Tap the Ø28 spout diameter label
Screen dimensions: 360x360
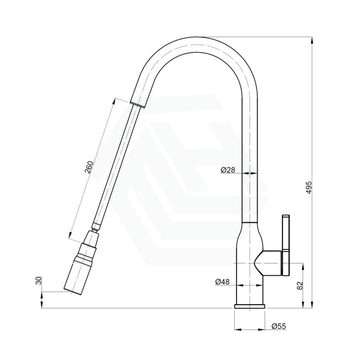coord(227,170)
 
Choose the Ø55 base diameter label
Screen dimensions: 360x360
coord(278,326)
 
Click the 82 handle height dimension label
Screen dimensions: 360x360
coord(300,286)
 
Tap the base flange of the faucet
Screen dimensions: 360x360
coord(250,306)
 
